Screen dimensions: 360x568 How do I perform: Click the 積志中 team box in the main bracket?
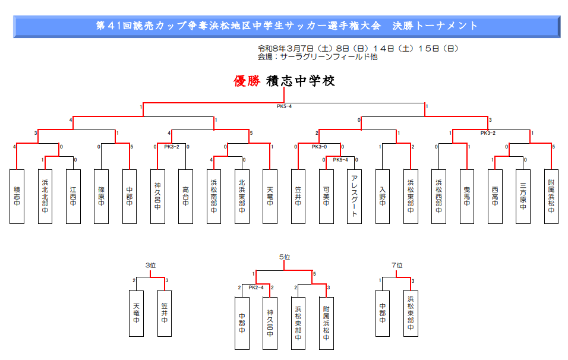click(x=17, y=196)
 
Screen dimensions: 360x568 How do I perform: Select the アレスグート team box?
click(x=354, y=196)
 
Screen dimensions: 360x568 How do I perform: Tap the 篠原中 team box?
click(x=101, y=196)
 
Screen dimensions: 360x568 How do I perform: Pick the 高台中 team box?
click(x=185, y=196)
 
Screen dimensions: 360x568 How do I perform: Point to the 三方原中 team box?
click(x=523, y=196)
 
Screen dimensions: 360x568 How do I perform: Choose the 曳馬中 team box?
click(x=466, y=196)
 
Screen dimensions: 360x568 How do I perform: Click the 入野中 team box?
click(x=382, y=196)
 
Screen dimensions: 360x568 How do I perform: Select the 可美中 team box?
click(x=326, y=196)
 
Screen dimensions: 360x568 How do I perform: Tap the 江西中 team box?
click(x=73, y=196)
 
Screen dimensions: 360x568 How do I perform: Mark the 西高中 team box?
click(x=495, y=196)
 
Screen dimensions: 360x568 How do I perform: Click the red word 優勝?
click(x=247, y=81)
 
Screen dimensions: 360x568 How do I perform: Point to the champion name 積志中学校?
click(x=301, y=81)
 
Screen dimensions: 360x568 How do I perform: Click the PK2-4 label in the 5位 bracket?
click(x=256, y=288)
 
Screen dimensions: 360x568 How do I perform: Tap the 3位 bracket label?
click(x=150, y=266)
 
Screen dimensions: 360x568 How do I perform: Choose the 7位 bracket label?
click(x=397, y=266)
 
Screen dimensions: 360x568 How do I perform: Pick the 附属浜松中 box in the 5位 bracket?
click(x=326, y=323)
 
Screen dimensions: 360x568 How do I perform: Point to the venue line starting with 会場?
click(x=317, y=57)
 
